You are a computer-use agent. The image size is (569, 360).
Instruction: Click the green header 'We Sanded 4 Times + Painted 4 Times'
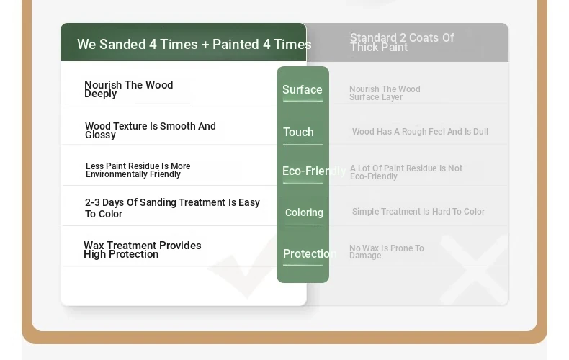194,44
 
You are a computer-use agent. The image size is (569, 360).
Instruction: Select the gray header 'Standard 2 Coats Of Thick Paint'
402,42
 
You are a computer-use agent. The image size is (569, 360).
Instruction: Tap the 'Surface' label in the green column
303,89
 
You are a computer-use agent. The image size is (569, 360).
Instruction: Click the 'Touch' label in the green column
298,132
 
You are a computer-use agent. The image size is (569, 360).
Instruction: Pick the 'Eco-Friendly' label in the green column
314,171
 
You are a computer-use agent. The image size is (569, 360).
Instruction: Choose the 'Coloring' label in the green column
304,212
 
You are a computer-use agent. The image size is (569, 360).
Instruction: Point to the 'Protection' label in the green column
310,253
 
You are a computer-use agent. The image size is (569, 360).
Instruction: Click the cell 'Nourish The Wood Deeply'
128,89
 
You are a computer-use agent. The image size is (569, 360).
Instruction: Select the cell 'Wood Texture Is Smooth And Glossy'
151,130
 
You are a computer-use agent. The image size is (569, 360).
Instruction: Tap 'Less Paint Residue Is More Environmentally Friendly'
138,170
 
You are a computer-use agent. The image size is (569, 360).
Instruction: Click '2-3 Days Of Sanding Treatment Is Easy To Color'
172,208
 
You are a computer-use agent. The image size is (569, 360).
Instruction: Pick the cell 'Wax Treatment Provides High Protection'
143,250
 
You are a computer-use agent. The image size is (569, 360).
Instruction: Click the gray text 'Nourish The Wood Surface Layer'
385,93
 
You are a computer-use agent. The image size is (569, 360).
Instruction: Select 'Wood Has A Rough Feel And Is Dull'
420,131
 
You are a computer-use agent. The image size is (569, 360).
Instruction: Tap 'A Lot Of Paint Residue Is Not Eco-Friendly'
406,172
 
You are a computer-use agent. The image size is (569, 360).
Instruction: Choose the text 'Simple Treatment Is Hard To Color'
418,211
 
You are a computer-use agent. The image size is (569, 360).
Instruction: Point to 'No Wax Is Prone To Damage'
387,251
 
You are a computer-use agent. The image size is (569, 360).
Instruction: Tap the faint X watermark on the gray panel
475,269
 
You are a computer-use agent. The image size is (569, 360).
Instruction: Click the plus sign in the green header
205,45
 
